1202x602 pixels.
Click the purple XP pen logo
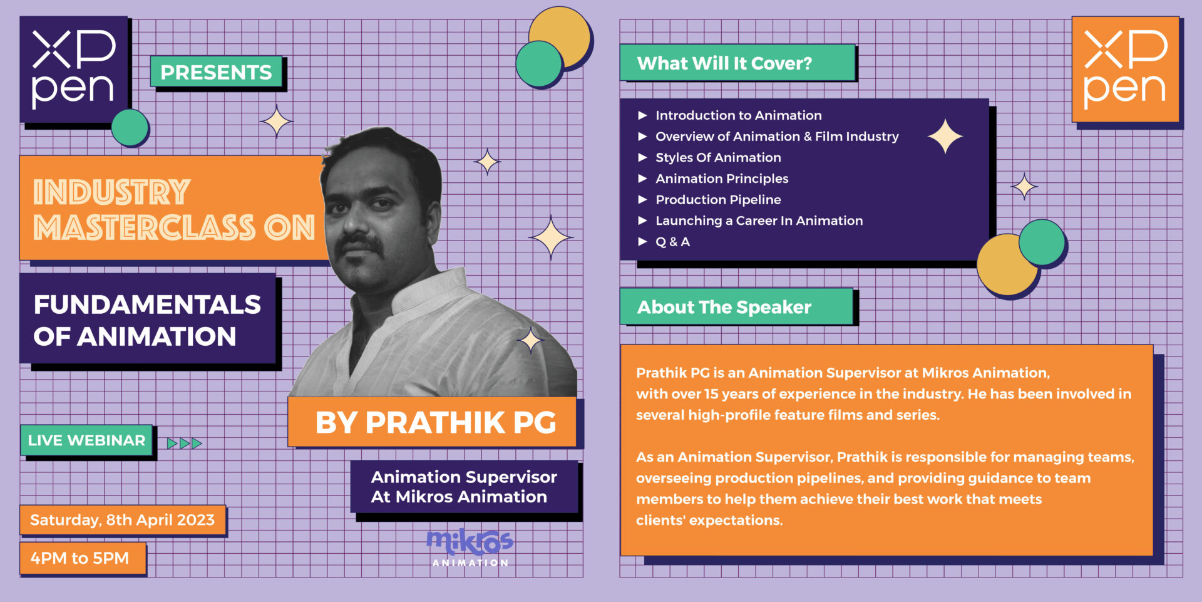point(74,70)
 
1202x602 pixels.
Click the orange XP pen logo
point(1126,70)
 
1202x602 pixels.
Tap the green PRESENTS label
point(216,72)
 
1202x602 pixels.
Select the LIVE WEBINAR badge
point(86,440)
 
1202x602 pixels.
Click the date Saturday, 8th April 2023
point(123,520)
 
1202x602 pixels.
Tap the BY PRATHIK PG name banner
point(432,422)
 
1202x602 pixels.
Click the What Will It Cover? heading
point(737,63)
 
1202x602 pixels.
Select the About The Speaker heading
point(736,307)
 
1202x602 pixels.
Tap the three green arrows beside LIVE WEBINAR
point(185,444)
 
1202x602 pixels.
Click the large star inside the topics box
point(945,137)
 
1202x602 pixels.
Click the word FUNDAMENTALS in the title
point(147,304)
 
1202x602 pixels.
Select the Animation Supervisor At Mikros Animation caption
point(464,487)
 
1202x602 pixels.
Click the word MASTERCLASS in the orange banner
point(145,227)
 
